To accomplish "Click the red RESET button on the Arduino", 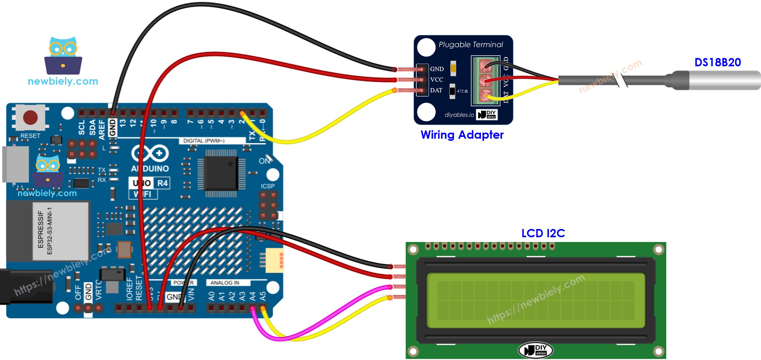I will pyautogui.click(x=30, y=118).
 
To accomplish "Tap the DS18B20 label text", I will pyautogui.click(x=717, y=62).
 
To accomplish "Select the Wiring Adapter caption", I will pyautogui.click(x=462, y=135).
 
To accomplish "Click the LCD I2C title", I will pyautogui.click(x=543, y=233).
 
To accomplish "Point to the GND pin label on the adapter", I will pyautogui.click(x=437, y=69).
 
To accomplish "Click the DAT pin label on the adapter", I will pyautogui.click(x=436, y=90).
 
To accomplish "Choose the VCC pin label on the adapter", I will pyautogui.click(x=436, y=80).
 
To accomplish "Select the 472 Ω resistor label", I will pyautogui.click(x=462, y=91).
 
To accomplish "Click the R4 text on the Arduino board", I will pyautogui.click(x=162, y=183).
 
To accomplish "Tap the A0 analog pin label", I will pyautogui.click(x=211, y=296).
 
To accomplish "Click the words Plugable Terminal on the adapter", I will pyautogui.click(x=470, y=45).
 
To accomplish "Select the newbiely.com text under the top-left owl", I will pyautogui.click(x=63, y=81).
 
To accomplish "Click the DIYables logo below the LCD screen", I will pyautogui.click(x=535, y=350).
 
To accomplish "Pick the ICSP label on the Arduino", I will pyautogui.click(x=267, y=186).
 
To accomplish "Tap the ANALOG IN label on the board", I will pyautogui.click(x=225, y=283).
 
